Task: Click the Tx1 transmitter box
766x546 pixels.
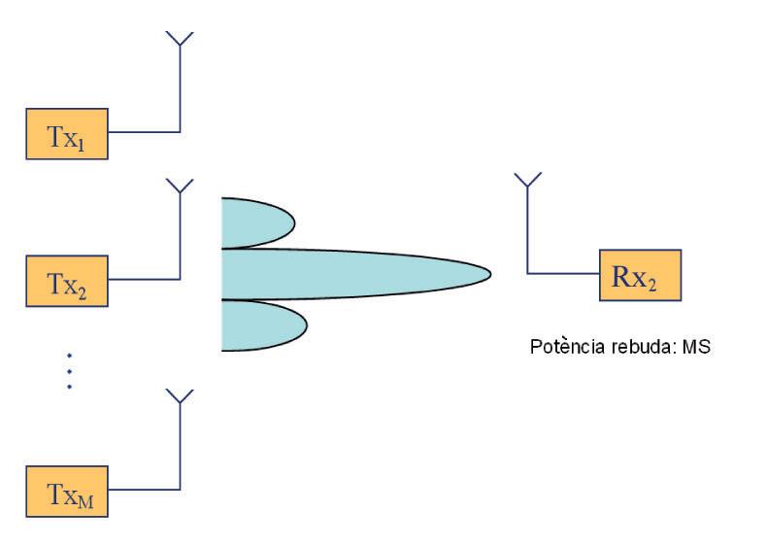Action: click(66, 134)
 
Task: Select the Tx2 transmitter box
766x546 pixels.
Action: click(66, 280)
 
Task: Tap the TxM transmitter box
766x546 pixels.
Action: click(66, 491)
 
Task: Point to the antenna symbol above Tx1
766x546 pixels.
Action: click(180, 39)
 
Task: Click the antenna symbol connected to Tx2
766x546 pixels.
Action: click(180, 185)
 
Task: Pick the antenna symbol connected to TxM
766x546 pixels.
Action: click(180, 395)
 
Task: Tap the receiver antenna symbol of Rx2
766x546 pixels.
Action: click(527, 181)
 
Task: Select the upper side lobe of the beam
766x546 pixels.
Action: click(254, 222)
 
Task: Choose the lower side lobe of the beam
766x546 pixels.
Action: click(254, 325)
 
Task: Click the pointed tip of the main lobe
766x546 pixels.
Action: click(488, 274)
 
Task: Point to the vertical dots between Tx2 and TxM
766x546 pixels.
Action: click(69, 370)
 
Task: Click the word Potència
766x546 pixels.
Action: click(561, 346)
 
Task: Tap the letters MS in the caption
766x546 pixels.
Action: click(699, 346)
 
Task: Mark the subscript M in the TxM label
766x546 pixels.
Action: click(87, 499)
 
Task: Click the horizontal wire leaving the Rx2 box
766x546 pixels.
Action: click(563, 274)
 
